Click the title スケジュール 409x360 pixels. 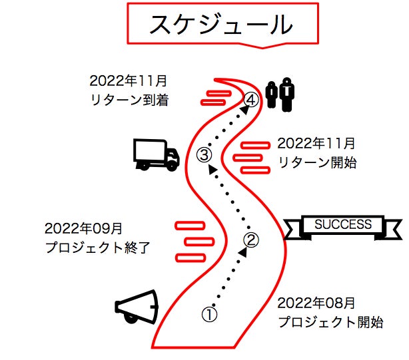[221, 24]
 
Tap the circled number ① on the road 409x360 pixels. [209, 314]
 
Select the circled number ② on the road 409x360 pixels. [251, 240]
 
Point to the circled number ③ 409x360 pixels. [204, 155]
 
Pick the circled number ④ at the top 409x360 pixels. [251, 100]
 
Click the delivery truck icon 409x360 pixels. [157, 155]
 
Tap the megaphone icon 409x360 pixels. [137, 307]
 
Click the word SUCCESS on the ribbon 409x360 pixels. [343, 224]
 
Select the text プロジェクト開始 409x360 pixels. [330, 322]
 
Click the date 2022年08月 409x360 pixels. [316, 303]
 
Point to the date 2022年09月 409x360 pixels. [83, 228]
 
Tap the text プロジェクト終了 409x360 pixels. [97, 248]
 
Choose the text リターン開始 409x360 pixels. [317, 162]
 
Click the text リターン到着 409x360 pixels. [129, 100]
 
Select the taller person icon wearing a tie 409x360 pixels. [286, 94]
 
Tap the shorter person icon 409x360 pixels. [271, 94]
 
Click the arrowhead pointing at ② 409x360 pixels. [243, 252]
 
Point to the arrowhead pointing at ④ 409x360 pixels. [244, 110]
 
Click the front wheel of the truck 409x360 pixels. [171, 166]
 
